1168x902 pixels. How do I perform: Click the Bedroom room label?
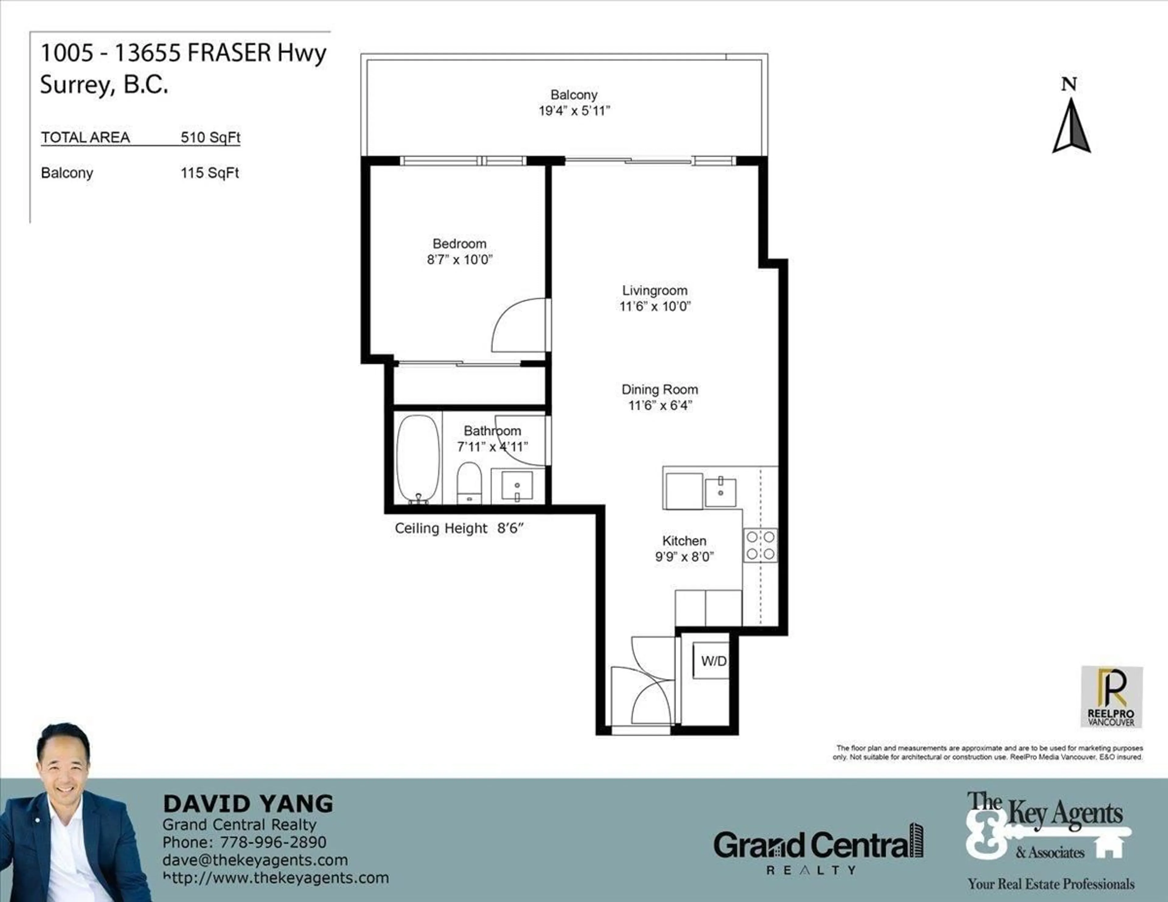(459, 244)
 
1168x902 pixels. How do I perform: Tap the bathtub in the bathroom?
(418, 459)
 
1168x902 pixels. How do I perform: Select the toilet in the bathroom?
(470, 482)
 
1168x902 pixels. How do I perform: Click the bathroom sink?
(516, 485)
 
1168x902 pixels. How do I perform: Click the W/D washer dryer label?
(713, 661)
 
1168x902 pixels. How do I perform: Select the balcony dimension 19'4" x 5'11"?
(574, 111)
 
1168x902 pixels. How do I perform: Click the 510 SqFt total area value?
(210, 137)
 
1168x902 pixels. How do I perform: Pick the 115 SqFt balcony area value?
(210, 173)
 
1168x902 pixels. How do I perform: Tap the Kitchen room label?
(684, 540)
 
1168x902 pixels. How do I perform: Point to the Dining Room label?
(659, 389)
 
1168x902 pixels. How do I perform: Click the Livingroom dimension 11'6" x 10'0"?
(655, 306)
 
